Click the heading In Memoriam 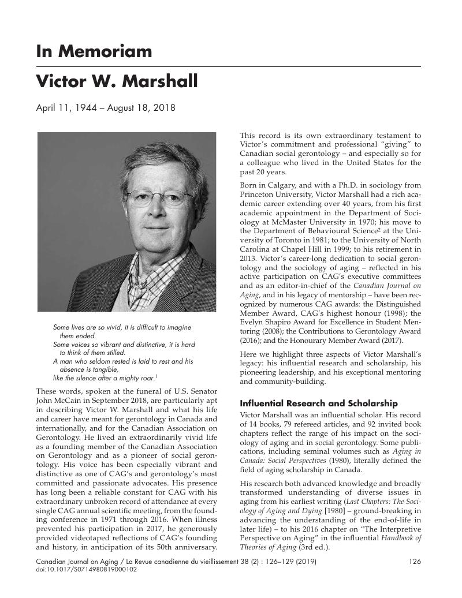tap(94, 52)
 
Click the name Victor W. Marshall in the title tap(117, 81)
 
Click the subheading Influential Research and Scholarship tap(319, 403)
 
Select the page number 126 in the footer tap(414, 561)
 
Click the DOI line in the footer tap(87, 569)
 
